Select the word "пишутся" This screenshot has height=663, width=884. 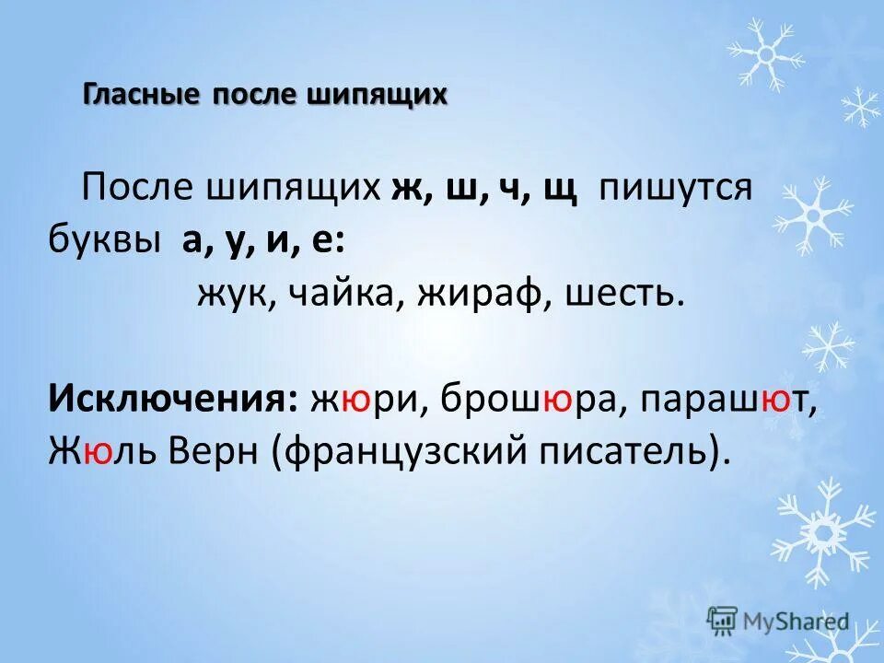[677, 189]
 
